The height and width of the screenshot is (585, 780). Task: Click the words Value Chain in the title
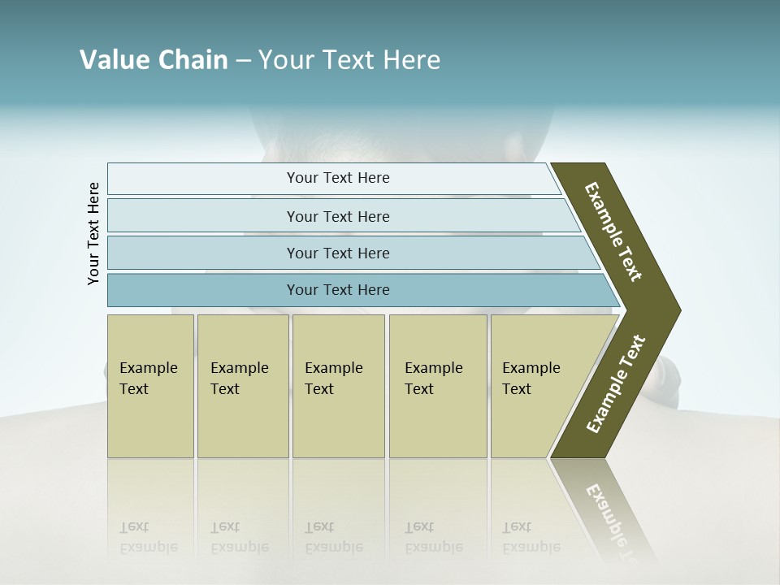(x=154, y=60)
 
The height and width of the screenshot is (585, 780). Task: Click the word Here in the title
(x=411, y=60)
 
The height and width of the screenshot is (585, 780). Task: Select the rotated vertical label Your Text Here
(x=93, y=234)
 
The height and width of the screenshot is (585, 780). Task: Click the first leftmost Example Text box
(x=150, y=386)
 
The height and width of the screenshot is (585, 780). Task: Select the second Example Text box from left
(x=242, y=386)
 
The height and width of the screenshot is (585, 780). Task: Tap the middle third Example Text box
(x=338, y=386)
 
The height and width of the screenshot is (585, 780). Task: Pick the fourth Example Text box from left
(x=437, y=386)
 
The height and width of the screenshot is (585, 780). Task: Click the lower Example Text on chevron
(x=615, y=384)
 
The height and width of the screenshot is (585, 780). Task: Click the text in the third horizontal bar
(x=338, y=253)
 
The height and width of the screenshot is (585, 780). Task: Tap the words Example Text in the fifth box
(x=531, y=379)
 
